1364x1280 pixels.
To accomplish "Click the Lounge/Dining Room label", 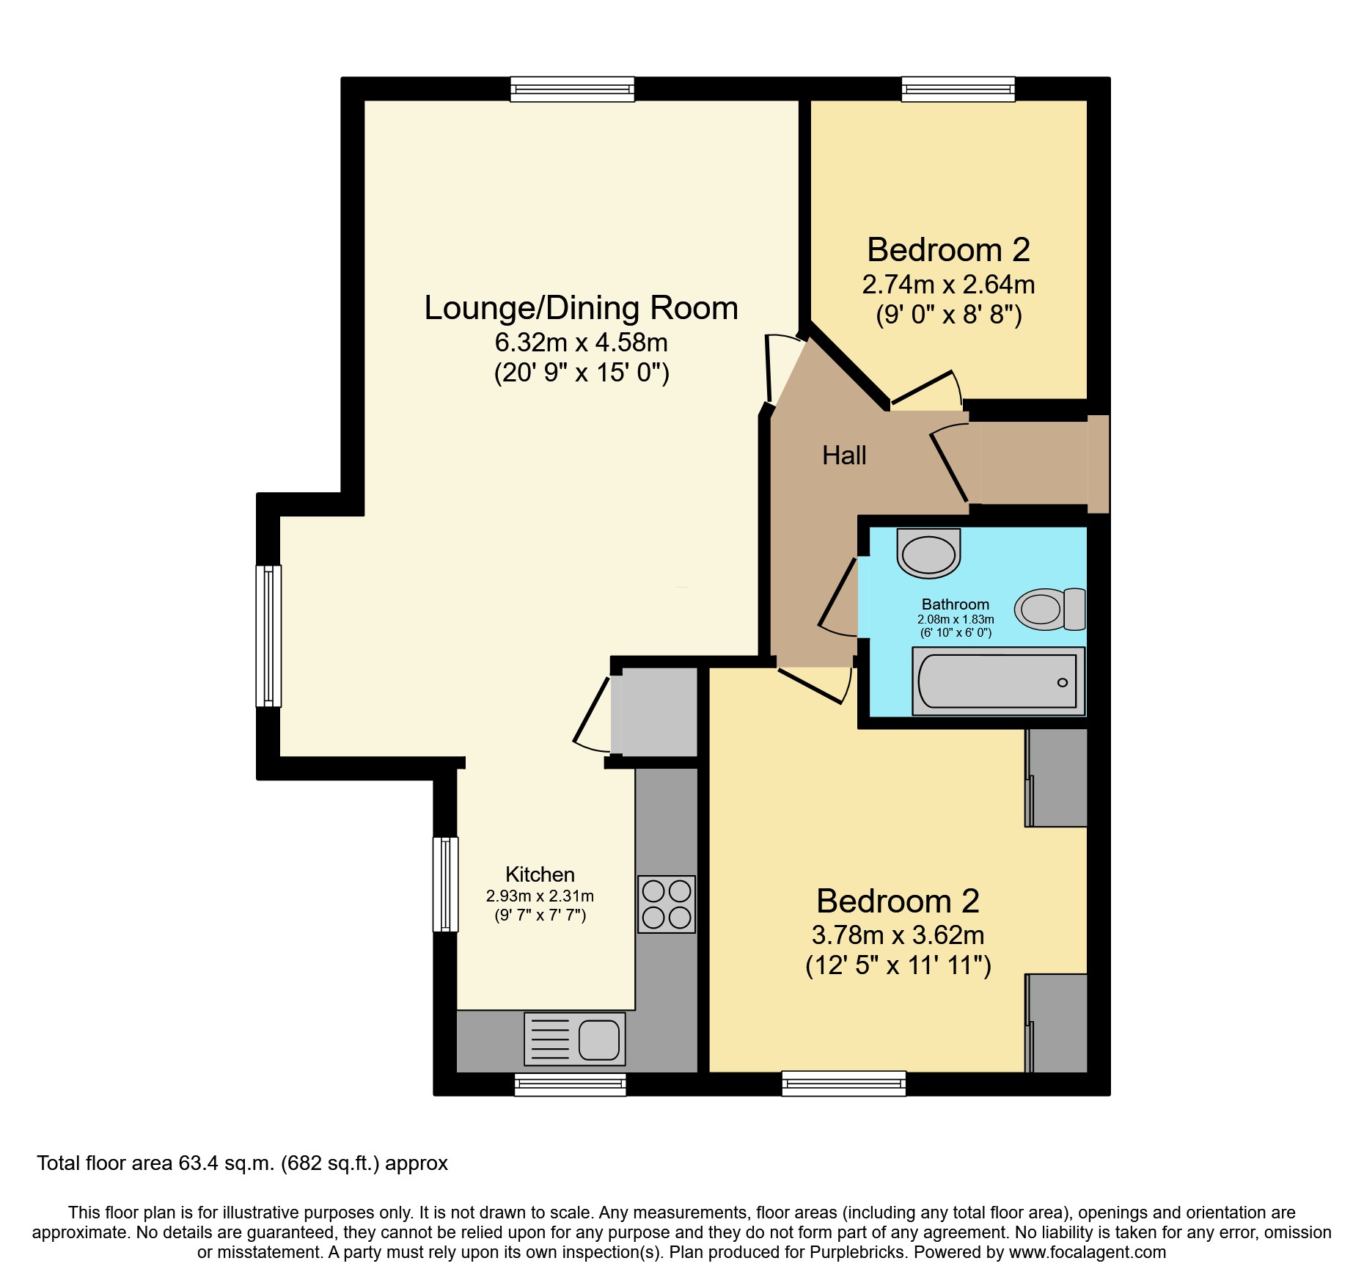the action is (581, 308).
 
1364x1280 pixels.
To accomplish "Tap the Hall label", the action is (844, 456).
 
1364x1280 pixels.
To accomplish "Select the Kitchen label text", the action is (540, 874).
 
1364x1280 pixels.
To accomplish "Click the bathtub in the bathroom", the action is (998, 681).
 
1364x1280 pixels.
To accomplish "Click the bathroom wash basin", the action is (928, 553).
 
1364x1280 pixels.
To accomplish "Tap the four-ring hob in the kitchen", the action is (667, 904).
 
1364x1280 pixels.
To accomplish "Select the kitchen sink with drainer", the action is (575, 1039).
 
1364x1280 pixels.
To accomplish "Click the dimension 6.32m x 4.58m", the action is (581, 343).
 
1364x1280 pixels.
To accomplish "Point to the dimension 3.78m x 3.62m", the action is (898, 935).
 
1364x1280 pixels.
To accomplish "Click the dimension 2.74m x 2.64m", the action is (948, 285).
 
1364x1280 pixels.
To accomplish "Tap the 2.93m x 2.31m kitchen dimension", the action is (540, 896).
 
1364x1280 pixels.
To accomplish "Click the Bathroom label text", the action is (956, 604).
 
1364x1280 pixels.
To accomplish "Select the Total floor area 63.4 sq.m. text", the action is (156, 1163).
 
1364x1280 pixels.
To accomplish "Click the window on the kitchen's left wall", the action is (445, 885).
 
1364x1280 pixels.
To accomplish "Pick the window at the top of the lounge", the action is (572, 89).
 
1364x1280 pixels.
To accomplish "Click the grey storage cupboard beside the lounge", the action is (654, 712).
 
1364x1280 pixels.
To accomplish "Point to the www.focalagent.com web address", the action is (1088, 1252).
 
